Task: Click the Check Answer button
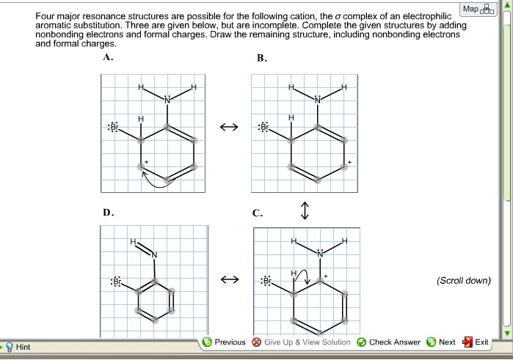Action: click(389, 342)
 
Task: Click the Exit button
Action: click(476, 342)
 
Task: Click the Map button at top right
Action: click(476, 10)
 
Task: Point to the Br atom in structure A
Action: click(114, 127)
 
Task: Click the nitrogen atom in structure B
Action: click(318, 100)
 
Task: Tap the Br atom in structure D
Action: click(115, 282)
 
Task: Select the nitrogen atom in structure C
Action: click(320, 254)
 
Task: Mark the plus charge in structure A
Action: click(147, 161)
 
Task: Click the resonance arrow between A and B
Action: click(229, 128)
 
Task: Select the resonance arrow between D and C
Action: click(229, 280)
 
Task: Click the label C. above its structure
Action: click(257, 213)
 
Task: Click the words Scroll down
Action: click(463, 281)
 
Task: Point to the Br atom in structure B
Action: click(266, 127)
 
